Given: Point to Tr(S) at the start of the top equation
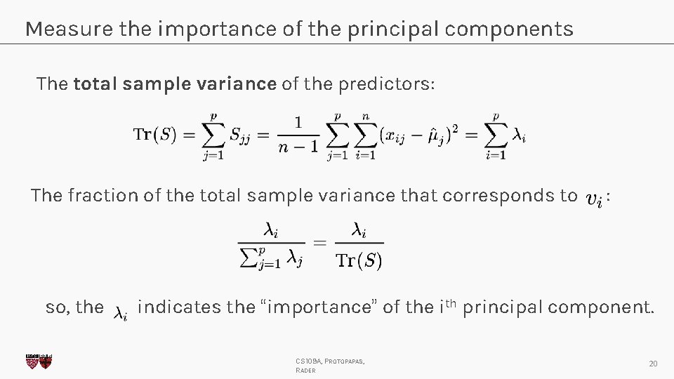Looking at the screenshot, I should [x=154, y=135].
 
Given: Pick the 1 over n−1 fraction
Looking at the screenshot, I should [x=297, y=135].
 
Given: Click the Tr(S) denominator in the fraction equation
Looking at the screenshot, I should [x=358, y=262].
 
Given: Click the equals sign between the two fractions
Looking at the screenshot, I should [x=319, y=244].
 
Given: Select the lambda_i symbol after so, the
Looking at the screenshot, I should [x=121, y=312].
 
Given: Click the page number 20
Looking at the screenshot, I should [x=653, y=364].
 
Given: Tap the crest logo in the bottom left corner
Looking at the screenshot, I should [x=38, y=361].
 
